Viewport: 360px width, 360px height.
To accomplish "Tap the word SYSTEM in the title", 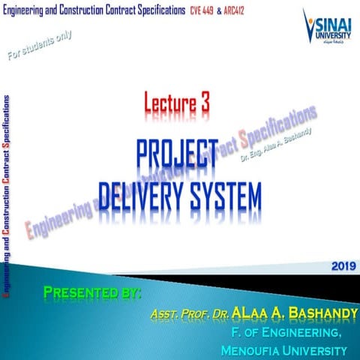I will coord(226,193).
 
